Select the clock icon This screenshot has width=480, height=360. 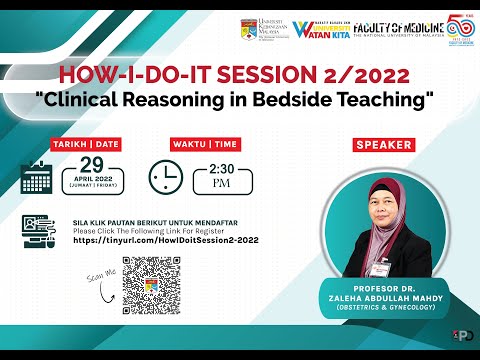pyautogui.click(x=165, y=177)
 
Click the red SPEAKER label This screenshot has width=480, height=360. pyautogui.click(x=384, y=145)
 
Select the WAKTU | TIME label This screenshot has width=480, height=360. pyautogui.click(x=205, y=143)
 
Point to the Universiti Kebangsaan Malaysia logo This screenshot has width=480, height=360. pyautogui.click(x=263, y=29)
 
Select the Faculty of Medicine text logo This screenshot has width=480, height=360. pyautogui.click(x=387, y=28)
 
